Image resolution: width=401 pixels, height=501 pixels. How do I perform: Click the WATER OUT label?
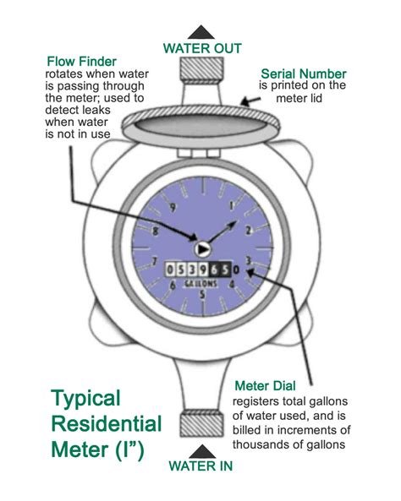201,48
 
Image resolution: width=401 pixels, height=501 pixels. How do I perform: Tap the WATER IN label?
201,465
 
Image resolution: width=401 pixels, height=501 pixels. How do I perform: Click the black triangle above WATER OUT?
201,30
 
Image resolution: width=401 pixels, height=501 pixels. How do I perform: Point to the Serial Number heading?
302,74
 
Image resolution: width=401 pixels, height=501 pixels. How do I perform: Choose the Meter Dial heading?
265,385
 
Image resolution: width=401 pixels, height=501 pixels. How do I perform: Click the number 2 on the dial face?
246,231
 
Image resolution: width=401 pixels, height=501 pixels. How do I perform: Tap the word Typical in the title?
86,397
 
